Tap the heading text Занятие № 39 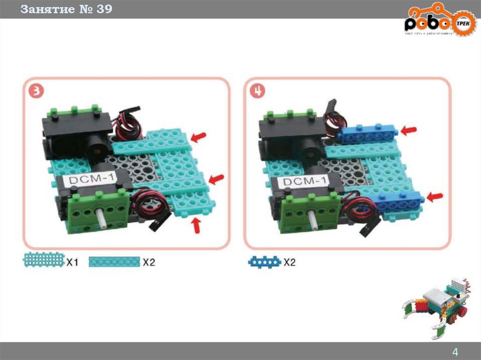tap(66, 9)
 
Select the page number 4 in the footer tap(455, 352)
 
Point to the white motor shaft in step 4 tap(313, 218)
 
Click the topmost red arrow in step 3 tap(199, 137)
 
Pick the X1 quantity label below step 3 tap(71, 262)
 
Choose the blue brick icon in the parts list tap(264, 262)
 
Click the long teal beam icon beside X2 tap(115, 262)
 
